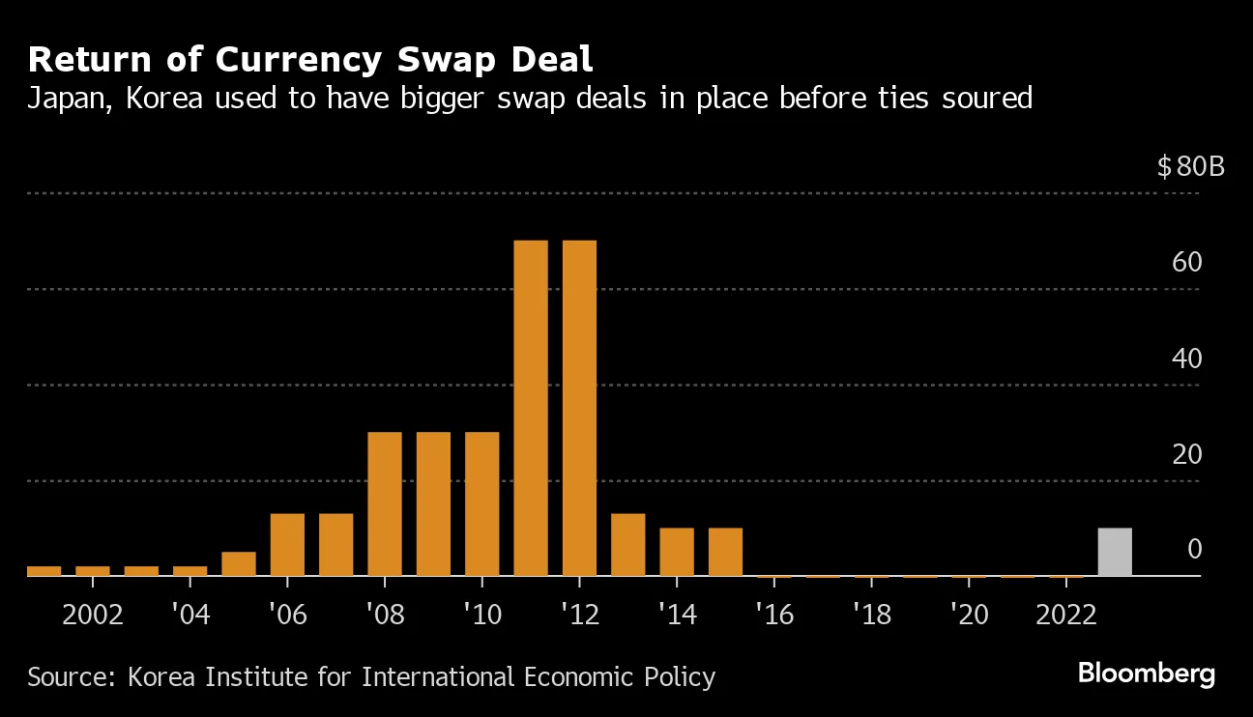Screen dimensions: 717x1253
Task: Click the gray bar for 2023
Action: click(x=1115, y=552)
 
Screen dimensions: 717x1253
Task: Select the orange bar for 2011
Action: click(x=531, y=408)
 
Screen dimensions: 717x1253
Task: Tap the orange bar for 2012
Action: click(x=579, y=408)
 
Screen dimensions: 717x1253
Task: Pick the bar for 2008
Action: click(x=385, y=503)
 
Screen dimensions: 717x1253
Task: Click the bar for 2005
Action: click(x=239, y=563)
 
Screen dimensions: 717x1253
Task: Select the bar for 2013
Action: click(x=627, y=544)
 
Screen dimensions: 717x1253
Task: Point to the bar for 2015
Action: click(x=725, y=552)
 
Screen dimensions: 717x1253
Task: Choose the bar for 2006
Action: click(x=287, y=544)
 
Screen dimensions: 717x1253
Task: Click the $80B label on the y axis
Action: click(x=1190, y=167)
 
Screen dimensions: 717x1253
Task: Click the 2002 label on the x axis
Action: click(x=93, y=616)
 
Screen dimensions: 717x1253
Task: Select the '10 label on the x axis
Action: click(x=481, y=616)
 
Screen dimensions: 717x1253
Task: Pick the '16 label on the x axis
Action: click(x=773, y=616)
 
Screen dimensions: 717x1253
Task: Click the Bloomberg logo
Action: click(x=1146, y=674)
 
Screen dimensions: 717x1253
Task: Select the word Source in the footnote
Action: click(x=67, y=676)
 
